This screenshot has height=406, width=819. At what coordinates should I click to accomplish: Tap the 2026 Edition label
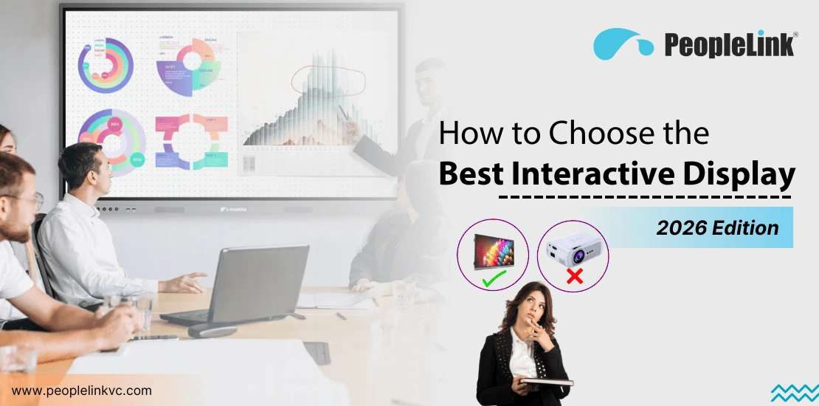(717, 227)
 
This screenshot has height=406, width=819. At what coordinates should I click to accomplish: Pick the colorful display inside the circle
(493, 252)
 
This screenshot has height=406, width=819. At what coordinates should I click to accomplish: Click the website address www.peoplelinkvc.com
(82, 390)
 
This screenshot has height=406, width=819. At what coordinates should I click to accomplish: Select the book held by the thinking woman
(545, 382)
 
